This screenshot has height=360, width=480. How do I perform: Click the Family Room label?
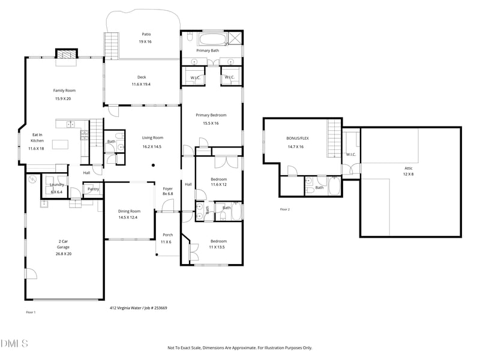coord(64,91)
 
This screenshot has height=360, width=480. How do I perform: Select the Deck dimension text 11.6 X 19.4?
coord(142,85)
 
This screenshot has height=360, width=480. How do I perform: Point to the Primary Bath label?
coord(208,50)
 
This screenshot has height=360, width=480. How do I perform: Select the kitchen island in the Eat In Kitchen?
coord(59,144)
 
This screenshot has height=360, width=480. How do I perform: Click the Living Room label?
coord(152,137)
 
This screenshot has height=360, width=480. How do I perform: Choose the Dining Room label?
coord(129,211)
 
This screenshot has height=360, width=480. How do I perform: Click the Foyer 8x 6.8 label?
coord(168,191)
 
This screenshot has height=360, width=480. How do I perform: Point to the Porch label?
coord(168,235)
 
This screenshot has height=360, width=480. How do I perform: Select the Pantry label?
coord(93,189)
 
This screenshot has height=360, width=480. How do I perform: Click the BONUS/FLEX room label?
coord(296,139)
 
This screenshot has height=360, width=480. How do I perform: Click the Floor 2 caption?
coord(284,209)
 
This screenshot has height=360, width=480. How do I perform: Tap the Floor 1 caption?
coord(31,312)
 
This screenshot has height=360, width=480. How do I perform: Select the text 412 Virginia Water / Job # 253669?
coord(138,308)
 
